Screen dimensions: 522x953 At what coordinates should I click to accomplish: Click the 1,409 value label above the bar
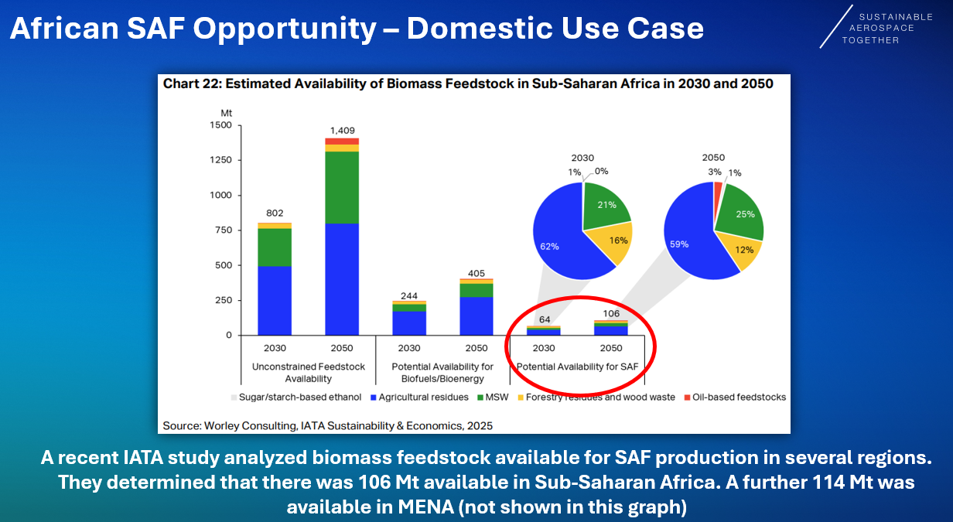[x=342, y=131]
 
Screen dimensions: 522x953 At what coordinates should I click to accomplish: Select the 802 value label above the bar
[x=274, y=213]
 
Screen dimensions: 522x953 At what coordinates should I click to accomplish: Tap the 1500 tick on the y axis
[x=220, y=125]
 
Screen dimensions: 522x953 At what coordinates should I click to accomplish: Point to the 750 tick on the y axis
[x=223, y=230]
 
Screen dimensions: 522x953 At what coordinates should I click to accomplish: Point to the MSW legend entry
[x=490, y=397]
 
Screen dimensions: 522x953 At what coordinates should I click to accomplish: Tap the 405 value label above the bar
[x=476, y=272]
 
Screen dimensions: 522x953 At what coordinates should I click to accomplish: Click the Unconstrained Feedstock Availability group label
[x=308, y=373]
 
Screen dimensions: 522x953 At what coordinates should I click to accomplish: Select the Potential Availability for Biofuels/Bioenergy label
[x=442, y=373]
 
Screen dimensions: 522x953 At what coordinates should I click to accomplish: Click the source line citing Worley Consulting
[x=327, y=425]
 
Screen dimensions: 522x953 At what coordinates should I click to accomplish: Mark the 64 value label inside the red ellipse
[x=545, y=319]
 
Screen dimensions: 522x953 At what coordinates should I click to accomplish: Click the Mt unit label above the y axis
[x=226, y=113]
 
